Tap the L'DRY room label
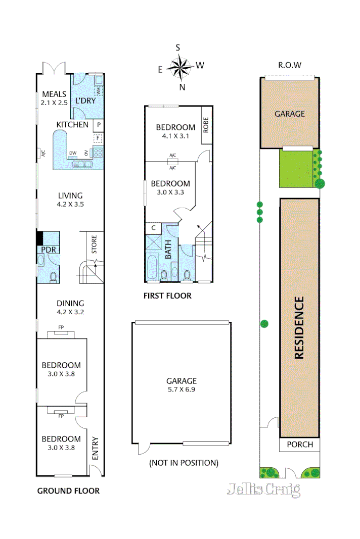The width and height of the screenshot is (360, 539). [85, 101]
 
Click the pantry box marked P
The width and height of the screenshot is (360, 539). [99, 124]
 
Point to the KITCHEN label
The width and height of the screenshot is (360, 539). [72, 125]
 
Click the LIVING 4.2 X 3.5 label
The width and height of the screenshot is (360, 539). [70, 200]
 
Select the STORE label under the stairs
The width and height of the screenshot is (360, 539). [94, 244]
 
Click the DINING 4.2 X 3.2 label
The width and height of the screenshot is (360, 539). [70, 308]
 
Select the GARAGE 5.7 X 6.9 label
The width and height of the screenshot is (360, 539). [182, 386]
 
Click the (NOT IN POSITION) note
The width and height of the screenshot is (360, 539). [184, 462]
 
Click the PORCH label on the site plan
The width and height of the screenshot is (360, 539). [300, 445]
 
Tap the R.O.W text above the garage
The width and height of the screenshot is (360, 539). [290, 65]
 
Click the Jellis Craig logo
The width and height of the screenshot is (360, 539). [263, 489]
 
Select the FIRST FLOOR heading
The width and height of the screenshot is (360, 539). [167, 296]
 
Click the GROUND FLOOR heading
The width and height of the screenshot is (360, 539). [69, 491]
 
